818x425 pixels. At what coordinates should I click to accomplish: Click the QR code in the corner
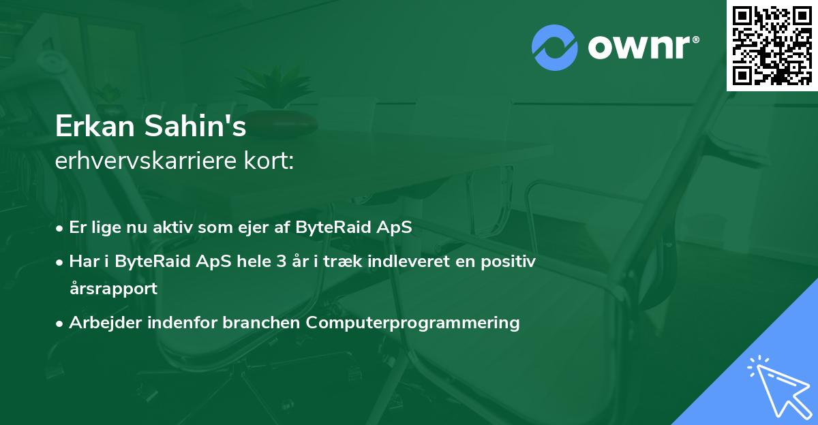coord(772,45)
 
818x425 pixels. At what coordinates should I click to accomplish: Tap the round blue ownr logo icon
coord(554,48)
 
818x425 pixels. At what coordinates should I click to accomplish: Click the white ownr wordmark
coord(643,48)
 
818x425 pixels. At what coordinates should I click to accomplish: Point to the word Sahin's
coord(196,126)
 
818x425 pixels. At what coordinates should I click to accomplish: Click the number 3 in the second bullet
coord(281,262)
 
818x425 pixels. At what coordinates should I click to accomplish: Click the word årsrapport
coord(114,289)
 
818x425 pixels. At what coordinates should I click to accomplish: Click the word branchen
coord(261,322)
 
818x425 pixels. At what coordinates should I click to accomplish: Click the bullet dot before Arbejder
coord(59,324)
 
